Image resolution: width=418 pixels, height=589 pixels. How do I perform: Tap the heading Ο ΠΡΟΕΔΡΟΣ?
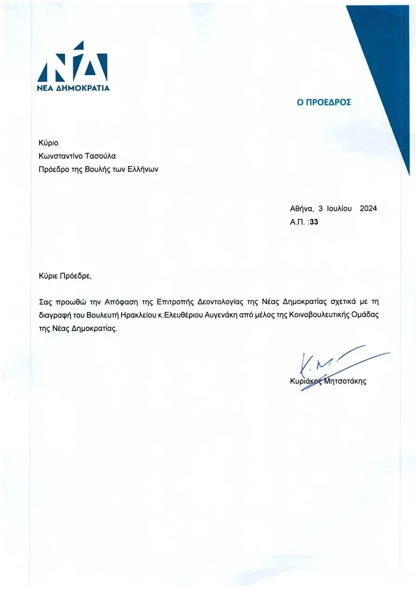324,102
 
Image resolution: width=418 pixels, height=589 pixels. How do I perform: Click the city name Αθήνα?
301,209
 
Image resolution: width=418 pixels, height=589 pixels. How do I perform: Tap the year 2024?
368,209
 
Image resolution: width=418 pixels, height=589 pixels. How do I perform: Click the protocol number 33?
313,222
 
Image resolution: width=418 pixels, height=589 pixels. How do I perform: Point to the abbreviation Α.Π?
297,222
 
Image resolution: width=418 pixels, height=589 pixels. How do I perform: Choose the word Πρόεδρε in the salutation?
76,276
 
